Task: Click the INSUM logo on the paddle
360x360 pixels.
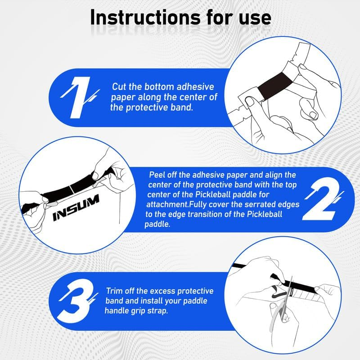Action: point(76,207)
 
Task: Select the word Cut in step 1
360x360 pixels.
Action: point(119,87)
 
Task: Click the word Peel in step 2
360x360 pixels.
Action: point(157,175)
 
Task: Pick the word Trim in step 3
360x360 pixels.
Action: point(114,291)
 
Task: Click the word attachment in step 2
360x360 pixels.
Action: point(167,204)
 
